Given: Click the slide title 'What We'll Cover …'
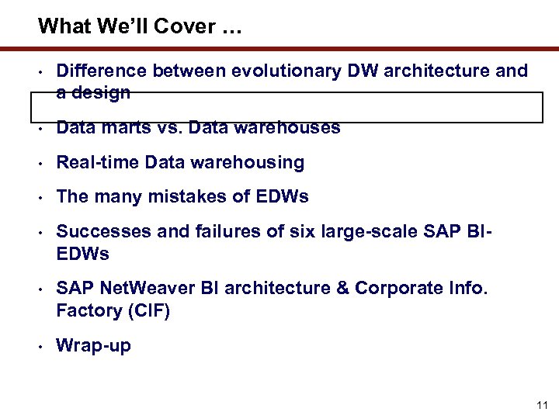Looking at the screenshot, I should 140,26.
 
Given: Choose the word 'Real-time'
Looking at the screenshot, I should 98,162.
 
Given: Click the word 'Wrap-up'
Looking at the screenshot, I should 93,346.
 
